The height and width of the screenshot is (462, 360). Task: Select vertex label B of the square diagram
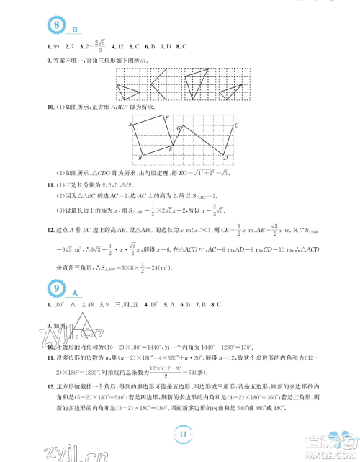(x=139, y=158)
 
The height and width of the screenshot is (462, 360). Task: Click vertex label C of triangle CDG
(x=237, y=125)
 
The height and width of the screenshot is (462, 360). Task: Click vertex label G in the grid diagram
(x=179, y=127)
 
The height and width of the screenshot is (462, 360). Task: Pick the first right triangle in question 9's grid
(x=128, y=90)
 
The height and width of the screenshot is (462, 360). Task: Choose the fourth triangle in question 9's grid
(x=230, y=91)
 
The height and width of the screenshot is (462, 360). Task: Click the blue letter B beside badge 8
(x=74, y=30)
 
